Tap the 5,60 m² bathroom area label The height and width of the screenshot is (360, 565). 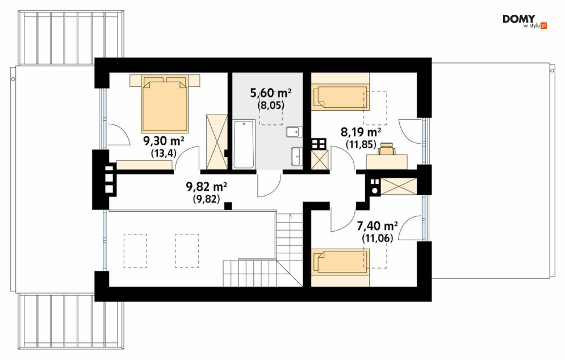tap(271, 93)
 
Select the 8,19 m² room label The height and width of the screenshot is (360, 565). tap(361, 132)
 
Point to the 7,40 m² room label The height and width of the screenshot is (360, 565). tap(377, 226)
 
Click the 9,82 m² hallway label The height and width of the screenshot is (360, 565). tap(206, 187)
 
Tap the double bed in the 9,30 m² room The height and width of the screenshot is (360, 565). tap(165, 103)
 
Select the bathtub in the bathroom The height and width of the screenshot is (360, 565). tap(244, 144)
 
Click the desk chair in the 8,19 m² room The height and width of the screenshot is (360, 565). tap(386, 148)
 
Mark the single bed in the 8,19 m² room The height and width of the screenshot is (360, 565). tap(341, 97)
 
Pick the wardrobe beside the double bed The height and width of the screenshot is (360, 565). tap(216, 141)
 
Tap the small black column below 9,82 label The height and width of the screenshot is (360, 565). tap(228, 206)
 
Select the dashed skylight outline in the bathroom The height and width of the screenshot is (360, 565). tap(271, 108)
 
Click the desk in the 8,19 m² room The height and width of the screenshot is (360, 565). tap(387, 162)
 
